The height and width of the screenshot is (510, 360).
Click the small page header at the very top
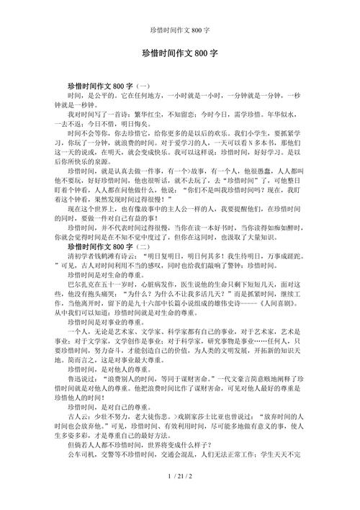(180, 11)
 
